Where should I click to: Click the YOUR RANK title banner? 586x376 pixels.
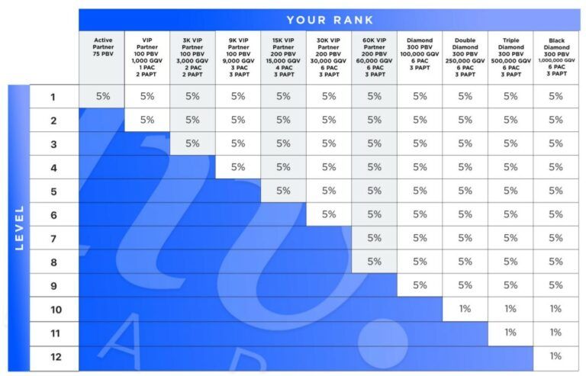pyautogui.click(x=329, y=19)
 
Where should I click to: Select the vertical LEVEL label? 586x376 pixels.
pyautogui.click(x=19, y=227)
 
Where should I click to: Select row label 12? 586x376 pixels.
pyautogui.click(x=53, y=356)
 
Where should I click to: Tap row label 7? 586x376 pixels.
pyautogui.click(x=53, y=238)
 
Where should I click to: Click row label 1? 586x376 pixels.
pyautogui.click(x=53, y=97)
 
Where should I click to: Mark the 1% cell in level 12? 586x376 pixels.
pyautogui.click(x=555, y=356)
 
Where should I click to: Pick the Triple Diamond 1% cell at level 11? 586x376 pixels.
pyautogui.click(x=510, y=333)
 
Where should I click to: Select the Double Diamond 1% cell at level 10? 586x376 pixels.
pyautogui.click(x=465, y=309)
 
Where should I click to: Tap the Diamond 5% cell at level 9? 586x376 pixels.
pyautogui.click(x=420, y=285)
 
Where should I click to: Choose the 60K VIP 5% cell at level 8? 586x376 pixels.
pyautogui.click(x=374, y=262)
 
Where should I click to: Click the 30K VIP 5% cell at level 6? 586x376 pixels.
pyautogui.click(x=329, y=214)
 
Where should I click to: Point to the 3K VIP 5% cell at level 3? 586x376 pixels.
pyautogui.click(x=192, y=143)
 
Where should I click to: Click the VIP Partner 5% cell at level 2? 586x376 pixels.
pyautogui.click(x=147, y=120)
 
